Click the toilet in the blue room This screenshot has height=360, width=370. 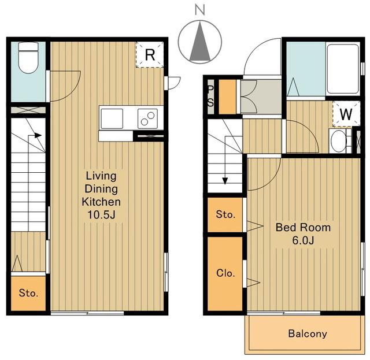point(28,58)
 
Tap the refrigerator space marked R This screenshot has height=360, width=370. point(150,55)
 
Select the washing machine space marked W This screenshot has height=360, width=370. point(346,114)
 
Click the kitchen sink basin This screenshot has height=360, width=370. point(112,118)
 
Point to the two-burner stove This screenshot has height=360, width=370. point(148,118)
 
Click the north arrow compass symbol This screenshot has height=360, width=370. point(200,42)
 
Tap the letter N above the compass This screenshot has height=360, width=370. point(200,10)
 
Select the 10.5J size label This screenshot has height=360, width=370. point(101,215)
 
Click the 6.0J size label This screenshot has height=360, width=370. point(303,240)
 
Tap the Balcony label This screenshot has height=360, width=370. point(308,334)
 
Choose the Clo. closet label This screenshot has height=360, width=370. point(225,273)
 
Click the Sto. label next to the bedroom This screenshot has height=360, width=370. point(225,215)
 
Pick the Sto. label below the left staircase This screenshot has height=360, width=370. point(28,293)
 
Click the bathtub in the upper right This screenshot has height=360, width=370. point(343,69)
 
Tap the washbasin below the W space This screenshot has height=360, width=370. point(338,142)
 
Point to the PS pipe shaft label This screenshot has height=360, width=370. point(210,97)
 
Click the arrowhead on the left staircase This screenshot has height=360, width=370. point(38,135)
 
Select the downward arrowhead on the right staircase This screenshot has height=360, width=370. point(225,181)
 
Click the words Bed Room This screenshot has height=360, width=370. point(303,228)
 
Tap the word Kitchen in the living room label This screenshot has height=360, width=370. point(101,202)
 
